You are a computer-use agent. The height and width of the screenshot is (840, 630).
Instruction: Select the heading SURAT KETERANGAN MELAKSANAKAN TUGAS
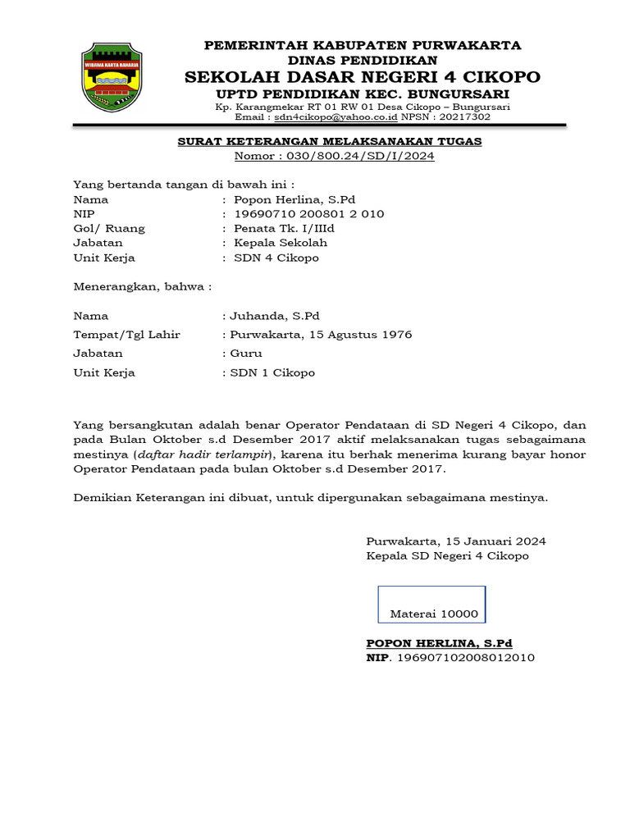[x=330, y=141]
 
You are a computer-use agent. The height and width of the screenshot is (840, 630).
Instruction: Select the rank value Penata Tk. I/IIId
[x=284, y=229]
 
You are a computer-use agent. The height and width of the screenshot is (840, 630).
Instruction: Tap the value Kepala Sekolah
[x=281, y=243]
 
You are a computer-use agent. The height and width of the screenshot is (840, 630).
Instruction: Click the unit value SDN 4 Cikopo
[x=276, y=258]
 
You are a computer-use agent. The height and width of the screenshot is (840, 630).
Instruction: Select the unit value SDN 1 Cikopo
[x=272, y=372]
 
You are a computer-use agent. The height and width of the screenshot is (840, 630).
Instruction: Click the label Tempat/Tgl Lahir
[x=127, y=335]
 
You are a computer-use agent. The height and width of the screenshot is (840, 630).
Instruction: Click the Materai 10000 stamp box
[x=431, y=605]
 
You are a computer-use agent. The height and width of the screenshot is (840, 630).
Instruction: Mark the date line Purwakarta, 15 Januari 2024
[x=456, y=541]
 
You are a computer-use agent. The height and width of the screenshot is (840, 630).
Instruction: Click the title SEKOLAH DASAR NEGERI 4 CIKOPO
[x=363, y=77]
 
